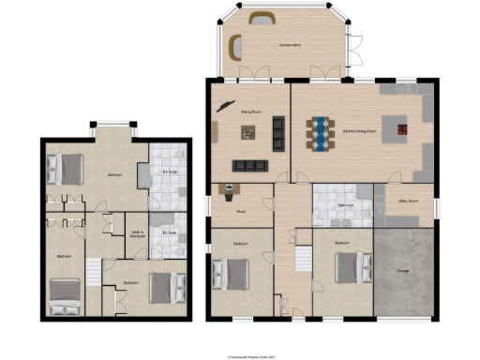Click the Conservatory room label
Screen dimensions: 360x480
[x=290, y=45]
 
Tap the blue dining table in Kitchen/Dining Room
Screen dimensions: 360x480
[x=320, y=133]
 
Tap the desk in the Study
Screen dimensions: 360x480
[x=229, y=191]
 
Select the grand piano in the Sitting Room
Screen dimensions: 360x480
[x=225, y=105]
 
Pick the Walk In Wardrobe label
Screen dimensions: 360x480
[x=137, y=234]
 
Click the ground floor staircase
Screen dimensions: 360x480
[x=302, y=260]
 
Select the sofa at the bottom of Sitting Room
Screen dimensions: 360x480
[x=250, y=166]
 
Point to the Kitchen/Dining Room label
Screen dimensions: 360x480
[x=360, y=130]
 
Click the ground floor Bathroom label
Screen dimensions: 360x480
[x=344, y=204]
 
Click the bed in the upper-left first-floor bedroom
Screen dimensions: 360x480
[x=59, y=169]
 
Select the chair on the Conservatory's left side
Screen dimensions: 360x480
[x=235, y=46]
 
